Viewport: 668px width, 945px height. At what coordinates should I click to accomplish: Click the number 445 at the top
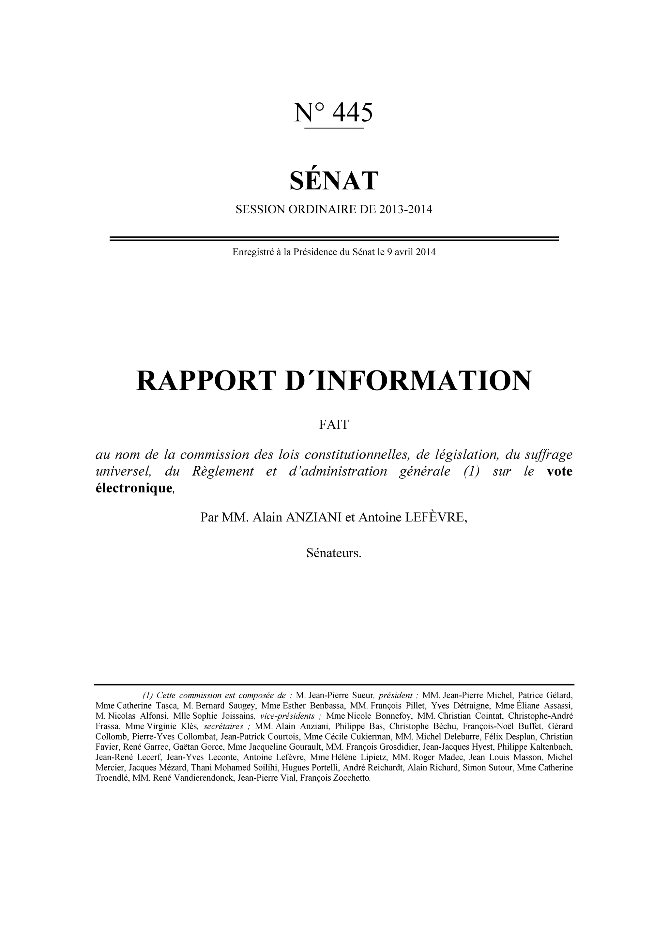point(352,112)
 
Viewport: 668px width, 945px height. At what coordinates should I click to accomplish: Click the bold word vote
point(559,471)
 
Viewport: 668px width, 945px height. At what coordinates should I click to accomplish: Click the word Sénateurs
point(334,553)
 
